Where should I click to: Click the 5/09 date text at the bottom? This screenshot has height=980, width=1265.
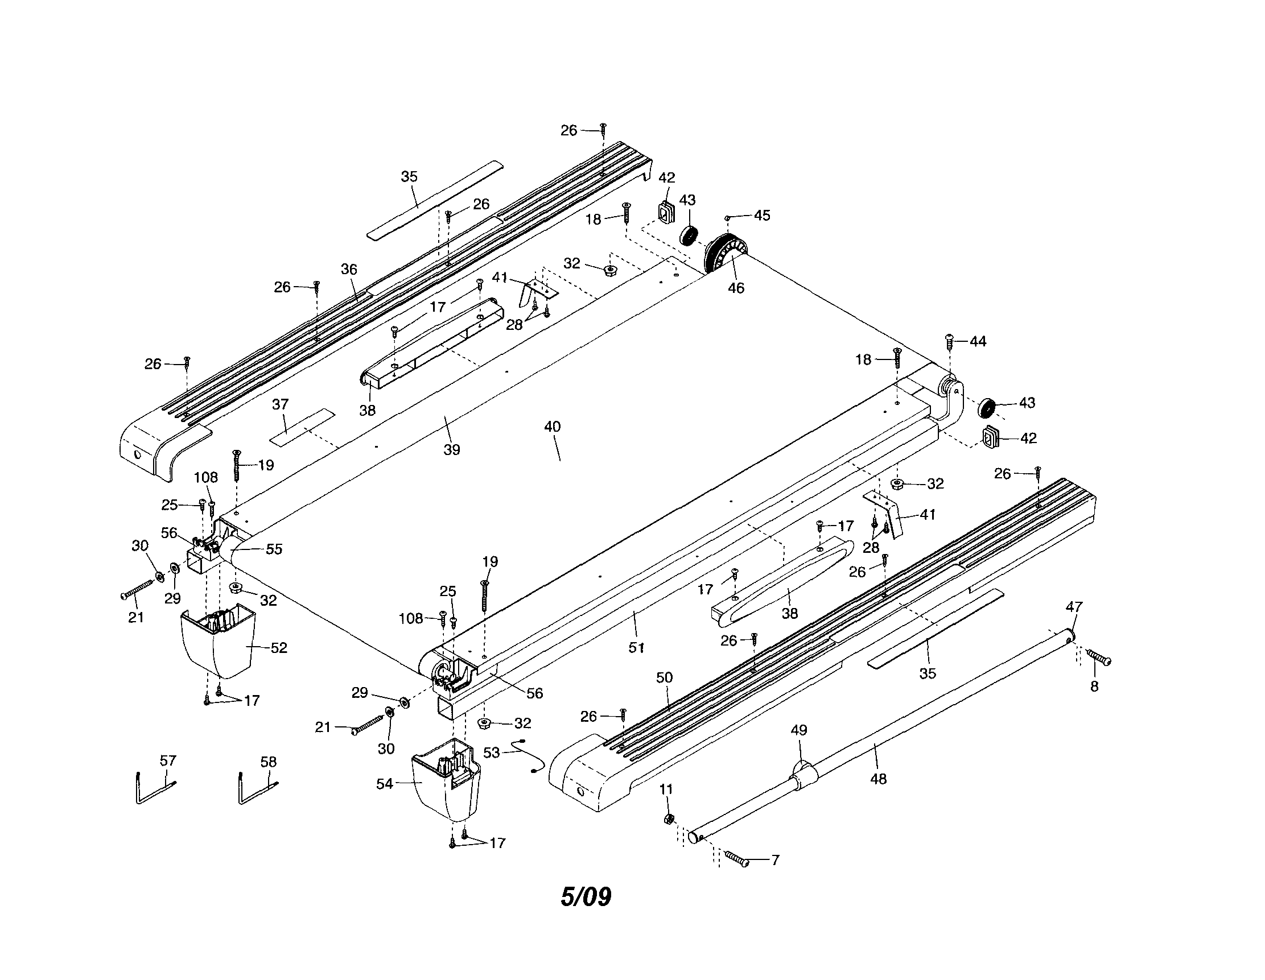click(586, 896)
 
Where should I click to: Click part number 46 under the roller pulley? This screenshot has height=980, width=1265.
click(736, 288)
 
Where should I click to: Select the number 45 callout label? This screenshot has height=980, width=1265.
click(761, 216)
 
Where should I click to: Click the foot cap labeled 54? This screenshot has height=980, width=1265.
click(446, 779)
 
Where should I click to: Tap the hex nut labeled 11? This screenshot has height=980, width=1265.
click(668, 818)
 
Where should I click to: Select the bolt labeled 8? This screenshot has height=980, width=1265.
click(1098, 658)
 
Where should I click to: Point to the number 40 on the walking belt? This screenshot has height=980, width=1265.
click(553, 427)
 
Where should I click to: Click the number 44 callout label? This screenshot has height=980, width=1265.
click(978, 341)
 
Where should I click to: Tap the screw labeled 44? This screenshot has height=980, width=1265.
click(949, 341)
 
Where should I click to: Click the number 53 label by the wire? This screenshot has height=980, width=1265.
click(491, 752)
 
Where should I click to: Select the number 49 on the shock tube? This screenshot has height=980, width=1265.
click(799, 730)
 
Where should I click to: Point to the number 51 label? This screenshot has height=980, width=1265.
click(637, 648)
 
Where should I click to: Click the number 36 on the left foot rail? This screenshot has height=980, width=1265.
click(349, 269)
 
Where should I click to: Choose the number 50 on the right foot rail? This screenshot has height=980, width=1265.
click(664, 677)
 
